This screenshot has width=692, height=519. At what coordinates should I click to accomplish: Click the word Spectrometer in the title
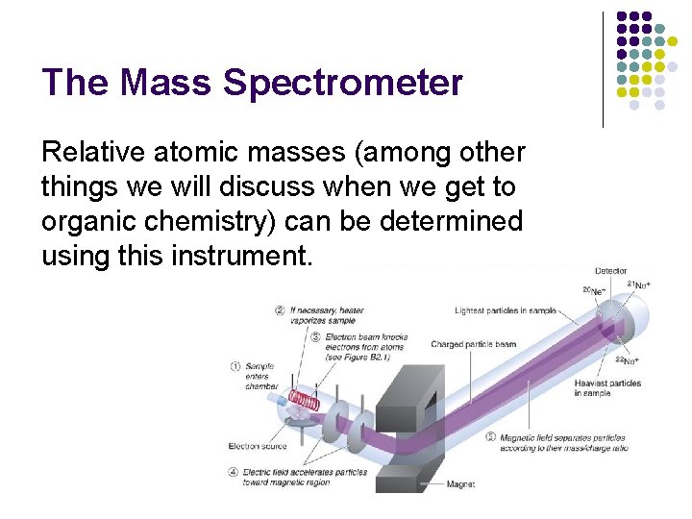tap(342, 83)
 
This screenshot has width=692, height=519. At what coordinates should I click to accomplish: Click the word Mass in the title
tap(166, 83)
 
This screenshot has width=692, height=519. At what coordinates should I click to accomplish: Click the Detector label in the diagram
tap(611, 271)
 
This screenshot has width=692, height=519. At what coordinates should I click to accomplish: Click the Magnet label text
tap(460, 484)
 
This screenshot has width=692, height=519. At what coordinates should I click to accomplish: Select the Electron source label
tap(258, 446)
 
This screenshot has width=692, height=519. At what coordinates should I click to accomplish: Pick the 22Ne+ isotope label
tap(624, 361)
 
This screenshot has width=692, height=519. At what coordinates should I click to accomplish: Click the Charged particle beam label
tap(474, 344)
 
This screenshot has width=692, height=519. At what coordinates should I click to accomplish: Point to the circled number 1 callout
tap(236, 366)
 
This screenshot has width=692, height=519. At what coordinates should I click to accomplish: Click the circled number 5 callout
tap(492, 437)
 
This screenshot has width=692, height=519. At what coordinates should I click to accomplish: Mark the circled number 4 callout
tap(235, 472)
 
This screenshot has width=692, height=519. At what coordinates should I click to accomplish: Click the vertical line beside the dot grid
tap(603, 69)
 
